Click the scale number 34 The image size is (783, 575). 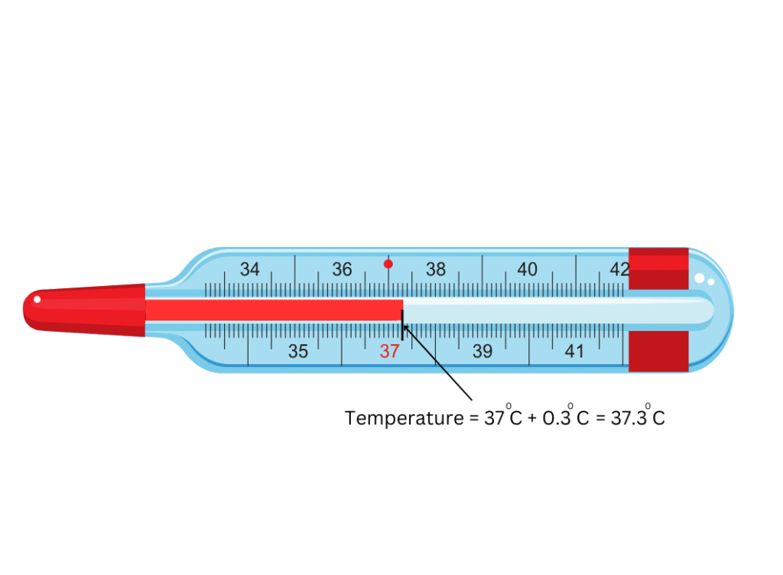(x=250, y=269)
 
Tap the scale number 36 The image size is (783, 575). (x=342, y=269)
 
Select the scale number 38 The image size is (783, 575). (x=435, y=269)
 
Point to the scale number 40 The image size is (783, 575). (x=528, y=269)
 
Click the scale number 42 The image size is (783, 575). (x=619, y=269)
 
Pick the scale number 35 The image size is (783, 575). (x=298, y=352)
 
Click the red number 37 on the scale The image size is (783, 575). (x=389, y=352)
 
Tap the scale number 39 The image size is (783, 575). (x=482, y=352)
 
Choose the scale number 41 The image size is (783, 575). (x=574, y=352)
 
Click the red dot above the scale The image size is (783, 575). (x=388, y=264)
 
